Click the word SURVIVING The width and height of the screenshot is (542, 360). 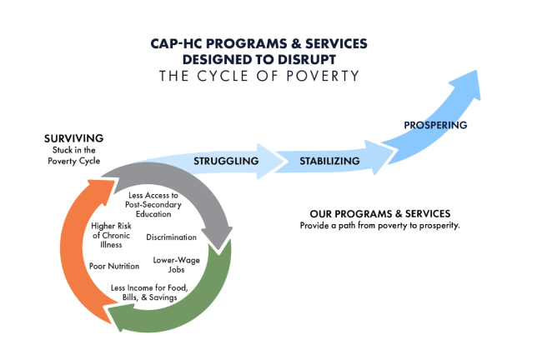click(x=74, y=137)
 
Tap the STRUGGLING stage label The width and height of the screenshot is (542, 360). click(x=225, y=160)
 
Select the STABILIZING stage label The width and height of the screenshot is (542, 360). click(x=330, y=160)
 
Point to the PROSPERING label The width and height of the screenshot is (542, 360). click(x=435, y=125)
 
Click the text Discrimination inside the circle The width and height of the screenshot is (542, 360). click(x=171, y=237)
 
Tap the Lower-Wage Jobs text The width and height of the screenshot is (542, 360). click(x=172, y=264)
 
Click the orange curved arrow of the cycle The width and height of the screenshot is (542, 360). click(x=70, y=242)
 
